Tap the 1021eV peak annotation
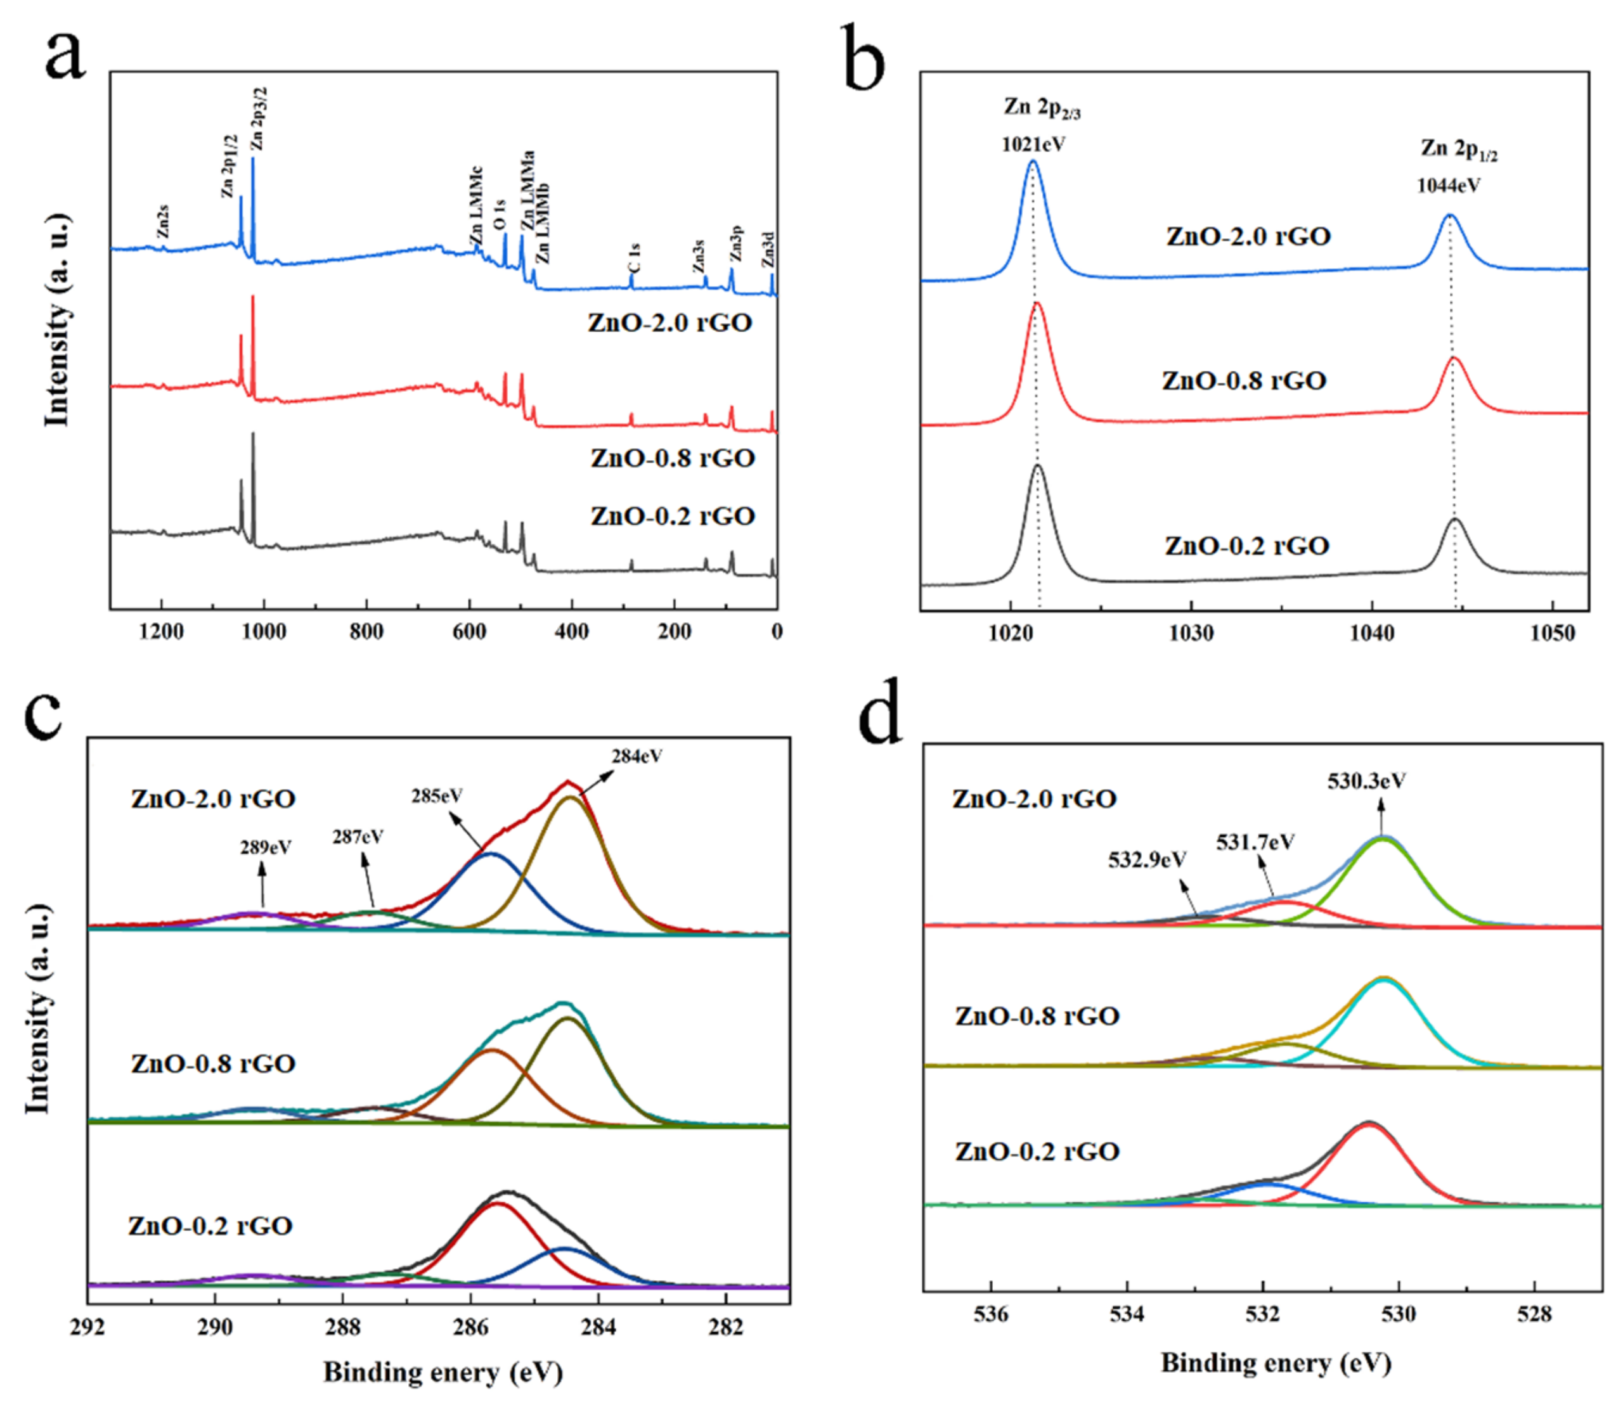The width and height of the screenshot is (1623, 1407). coord(1033,145)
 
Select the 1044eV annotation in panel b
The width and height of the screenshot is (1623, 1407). coord(1449,186)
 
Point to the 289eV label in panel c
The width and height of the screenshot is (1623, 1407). coord(266,848)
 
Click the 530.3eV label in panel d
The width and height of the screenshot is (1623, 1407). coord(1367,781)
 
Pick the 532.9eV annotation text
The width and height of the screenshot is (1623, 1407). coord(1147,860)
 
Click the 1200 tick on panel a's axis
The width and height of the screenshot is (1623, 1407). coord(161,631)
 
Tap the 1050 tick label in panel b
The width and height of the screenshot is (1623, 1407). coord(1553,634)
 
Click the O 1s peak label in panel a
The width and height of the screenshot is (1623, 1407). coord(500,214)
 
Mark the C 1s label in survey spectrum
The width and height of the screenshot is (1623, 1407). coord(635,257)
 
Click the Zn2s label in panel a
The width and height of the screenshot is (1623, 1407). coord(162,221)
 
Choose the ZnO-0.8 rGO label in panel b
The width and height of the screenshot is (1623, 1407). coord(1244,381)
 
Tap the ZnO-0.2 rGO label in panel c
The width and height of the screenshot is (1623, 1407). coord(210,1226)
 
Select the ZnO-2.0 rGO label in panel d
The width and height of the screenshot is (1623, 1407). coord(1034,799)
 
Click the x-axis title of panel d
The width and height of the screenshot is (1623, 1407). coord(1276,1363)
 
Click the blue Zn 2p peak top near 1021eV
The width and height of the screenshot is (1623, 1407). coord(1033,162)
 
